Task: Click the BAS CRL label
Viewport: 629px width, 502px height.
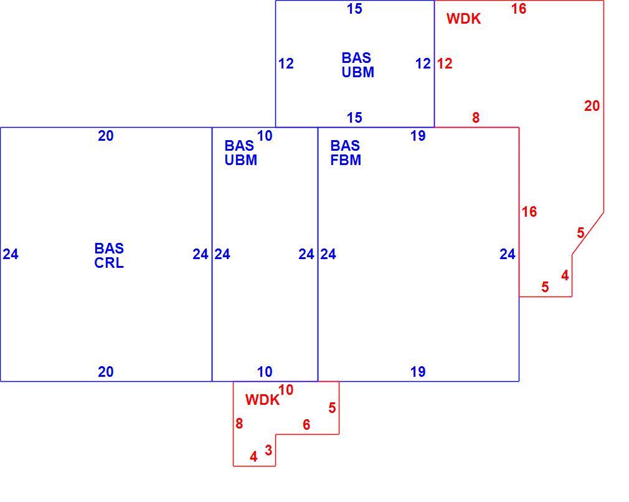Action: [109, 255]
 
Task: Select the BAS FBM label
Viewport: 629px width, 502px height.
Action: [346, 153]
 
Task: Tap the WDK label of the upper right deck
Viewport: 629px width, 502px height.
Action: [463, 19]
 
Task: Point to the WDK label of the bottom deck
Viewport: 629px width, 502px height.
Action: [262, 400]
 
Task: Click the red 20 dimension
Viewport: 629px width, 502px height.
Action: [592, 106]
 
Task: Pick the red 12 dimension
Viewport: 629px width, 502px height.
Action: [445, 64]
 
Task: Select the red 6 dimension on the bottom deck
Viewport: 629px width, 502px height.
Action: [306, 425]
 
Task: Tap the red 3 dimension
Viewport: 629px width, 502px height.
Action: [268, 450]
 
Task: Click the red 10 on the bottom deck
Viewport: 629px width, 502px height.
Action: [286, 390]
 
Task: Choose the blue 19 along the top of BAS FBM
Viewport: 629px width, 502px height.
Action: [418, 136]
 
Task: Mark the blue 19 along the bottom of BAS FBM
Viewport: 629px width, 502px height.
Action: [418, 372]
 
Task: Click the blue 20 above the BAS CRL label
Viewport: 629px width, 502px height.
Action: [105, 136]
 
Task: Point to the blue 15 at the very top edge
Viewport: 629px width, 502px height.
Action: [354, 9]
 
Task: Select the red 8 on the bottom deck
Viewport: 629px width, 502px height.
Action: [239, 424]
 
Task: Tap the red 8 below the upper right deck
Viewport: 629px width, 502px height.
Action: [475, 118]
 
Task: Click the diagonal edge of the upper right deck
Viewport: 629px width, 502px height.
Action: [588, 234]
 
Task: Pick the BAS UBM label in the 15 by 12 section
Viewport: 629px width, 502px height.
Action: [358, 65]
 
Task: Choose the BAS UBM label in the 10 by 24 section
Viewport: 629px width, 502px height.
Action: [240, 153]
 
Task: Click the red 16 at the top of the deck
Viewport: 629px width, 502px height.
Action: [518, 9]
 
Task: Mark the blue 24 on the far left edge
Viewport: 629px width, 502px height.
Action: [11, 254]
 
